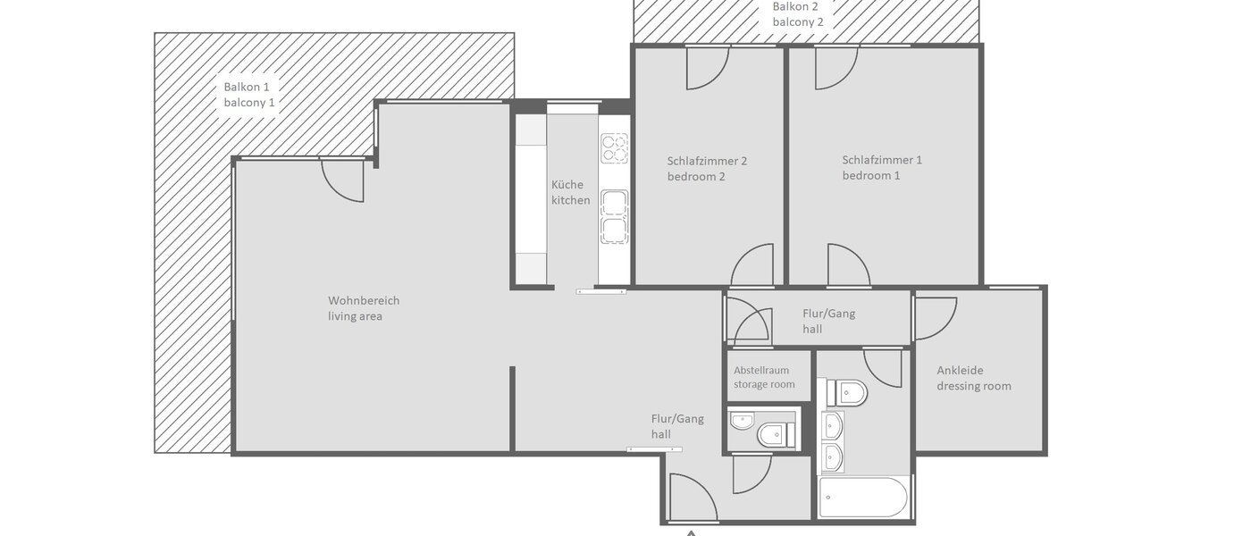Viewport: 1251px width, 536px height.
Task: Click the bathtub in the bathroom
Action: (863, 498)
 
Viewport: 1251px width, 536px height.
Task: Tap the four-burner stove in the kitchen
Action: (614, 147)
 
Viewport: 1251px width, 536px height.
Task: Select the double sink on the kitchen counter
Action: (614, 217)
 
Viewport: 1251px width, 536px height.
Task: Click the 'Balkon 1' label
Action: (246, 87)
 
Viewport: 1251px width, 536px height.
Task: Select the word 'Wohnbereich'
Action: (364, 300)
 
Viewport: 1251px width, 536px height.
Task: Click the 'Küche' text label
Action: (567, 184)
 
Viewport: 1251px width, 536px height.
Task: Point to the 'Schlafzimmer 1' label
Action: (881, 160)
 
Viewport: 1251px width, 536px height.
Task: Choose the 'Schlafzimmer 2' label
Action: (707, 161)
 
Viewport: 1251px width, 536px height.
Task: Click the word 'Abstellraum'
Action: (761, 370)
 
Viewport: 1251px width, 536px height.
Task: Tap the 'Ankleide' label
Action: (960, 370)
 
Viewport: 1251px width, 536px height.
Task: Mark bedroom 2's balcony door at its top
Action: (707, 68)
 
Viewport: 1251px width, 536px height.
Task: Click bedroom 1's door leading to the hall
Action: (848, 266)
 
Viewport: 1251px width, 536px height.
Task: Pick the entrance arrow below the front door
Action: (691, 532)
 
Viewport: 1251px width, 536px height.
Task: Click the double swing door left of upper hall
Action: (745, 321)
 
